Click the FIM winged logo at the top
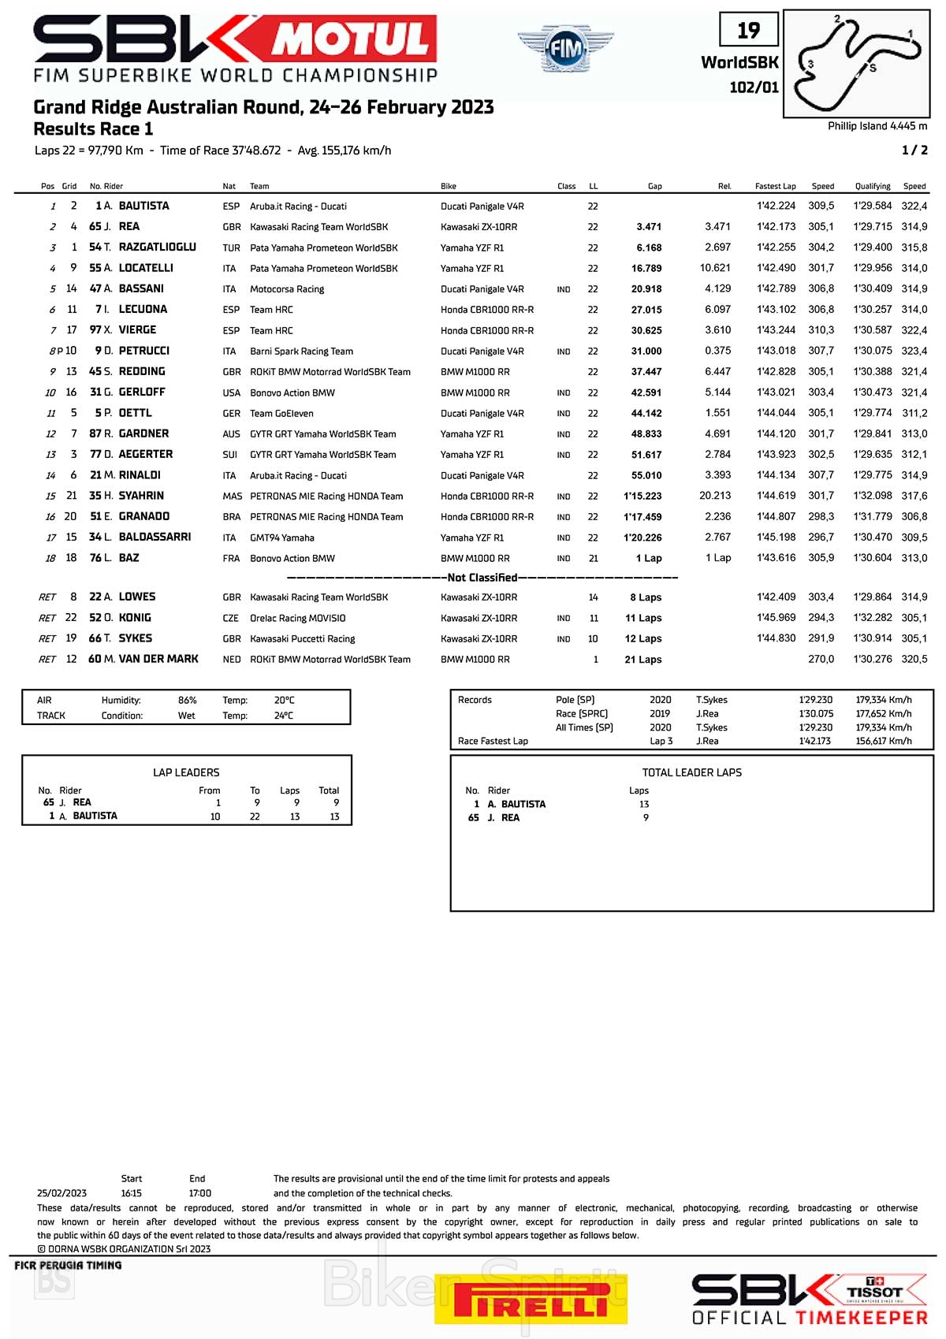(565, 48)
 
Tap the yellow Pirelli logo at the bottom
(531, 1299)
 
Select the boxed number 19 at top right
(748, 31)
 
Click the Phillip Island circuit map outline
(856, 63)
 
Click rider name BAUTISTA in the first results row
(143, 206)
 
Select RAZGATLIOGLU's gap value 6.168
(649, 247)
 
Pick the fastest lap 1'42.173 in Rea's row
(776, 227)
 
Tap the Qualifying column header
(873, 187)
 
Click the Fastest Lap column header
(775, 187)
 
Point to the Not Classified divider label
(482, 578)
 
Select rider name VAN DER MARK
(158, 659)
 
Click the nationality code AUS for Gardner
(231, 434)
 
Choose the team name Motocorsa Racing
(287, 289)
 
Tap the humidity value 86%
(187, 700)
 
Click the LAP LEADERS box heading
(186, 772)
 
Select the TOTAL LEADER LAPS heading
(691, 772)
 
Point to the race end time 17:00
(200, 1193)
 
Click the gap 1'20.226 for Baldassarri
(643, 537)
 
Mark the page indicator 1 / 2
(914, 150)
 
